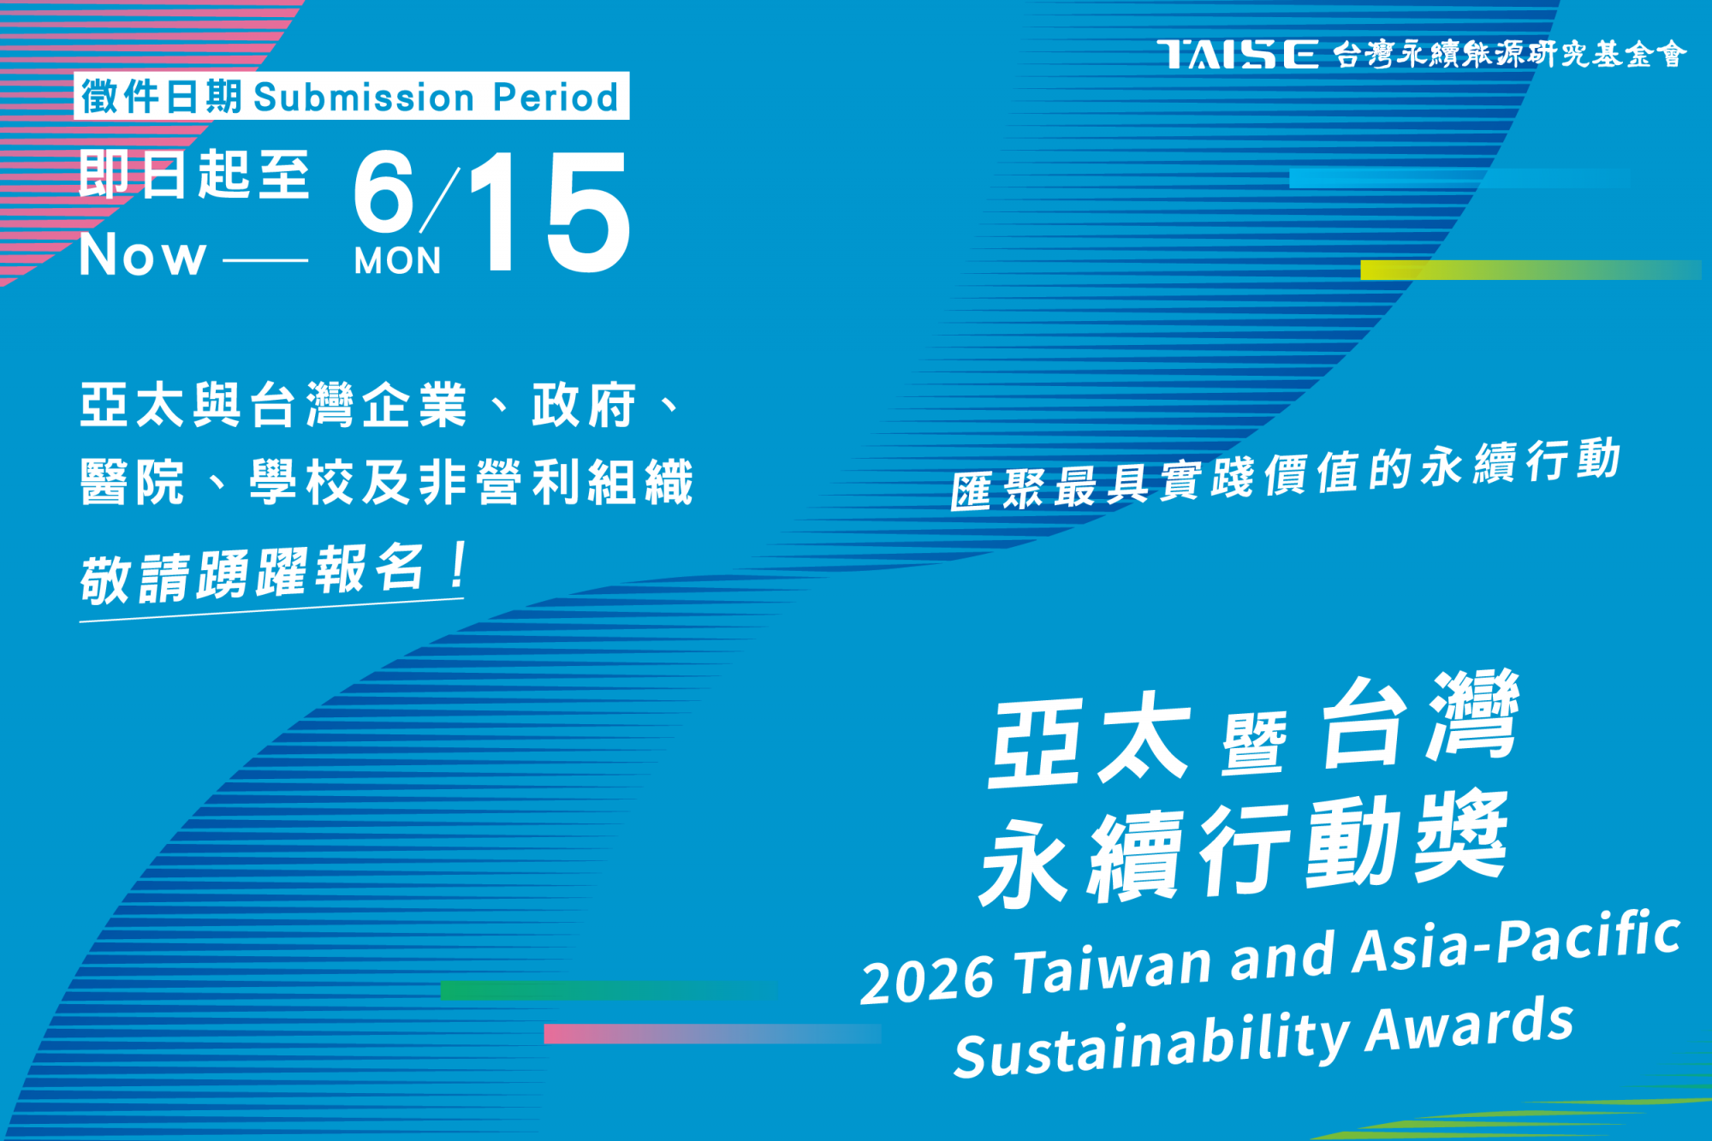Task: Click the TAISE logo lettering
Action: (x=1238, y=54)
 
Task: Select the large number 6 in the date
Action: (x=384, y=193)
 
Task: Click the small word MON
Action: (x=398, y=261)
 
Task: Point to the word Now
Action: (x=143, y=254)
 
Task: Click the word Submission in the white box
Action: (x=364, y=97)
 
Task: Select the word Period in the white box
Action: (x=556, y=97)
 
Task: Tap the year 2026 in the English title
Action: (x=928, y=978)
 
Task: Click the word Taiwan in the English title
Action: (x=1113, y=966)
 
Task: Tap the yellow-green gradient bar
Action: (x=1531, y=270)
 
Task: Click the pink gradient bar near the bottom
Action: (x=712, y=1033)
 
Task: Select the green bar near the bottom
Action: (x=609, y=990)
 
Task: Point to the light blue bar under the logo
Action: (x=1460, y=178)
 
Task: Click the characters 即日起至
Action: (x=194, y=175)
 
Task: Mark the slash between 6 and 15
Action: (x=440, y=199)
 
